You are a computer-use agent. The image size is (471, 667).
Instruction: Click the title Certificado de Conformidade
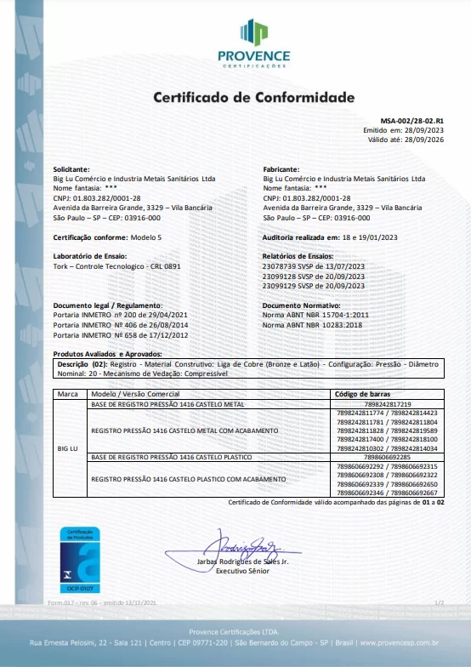click(253, 97)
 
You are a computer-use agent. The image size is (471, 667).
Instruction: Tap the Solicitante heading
click(71, 169)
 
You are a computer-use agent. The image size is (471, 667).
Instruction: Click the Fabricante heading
click(281, 169)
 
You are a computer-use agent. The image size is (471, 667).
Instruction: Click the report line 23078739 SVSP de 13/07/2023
click(313, 265)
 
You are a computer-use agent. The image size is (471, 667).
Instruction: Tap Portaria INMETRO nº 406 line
click(120, 324)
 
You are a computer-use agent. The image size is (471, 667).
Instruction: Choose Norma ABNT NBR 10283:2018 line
click(312, 324)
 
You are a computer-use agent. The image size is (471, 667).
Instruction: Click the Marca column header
click(68, 395)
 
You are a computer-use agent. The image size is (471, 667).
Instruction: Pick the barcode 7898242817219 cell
click(387, 404)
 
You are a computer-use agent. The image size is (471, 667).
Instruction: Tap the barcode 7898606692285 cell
click(387, 458)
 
